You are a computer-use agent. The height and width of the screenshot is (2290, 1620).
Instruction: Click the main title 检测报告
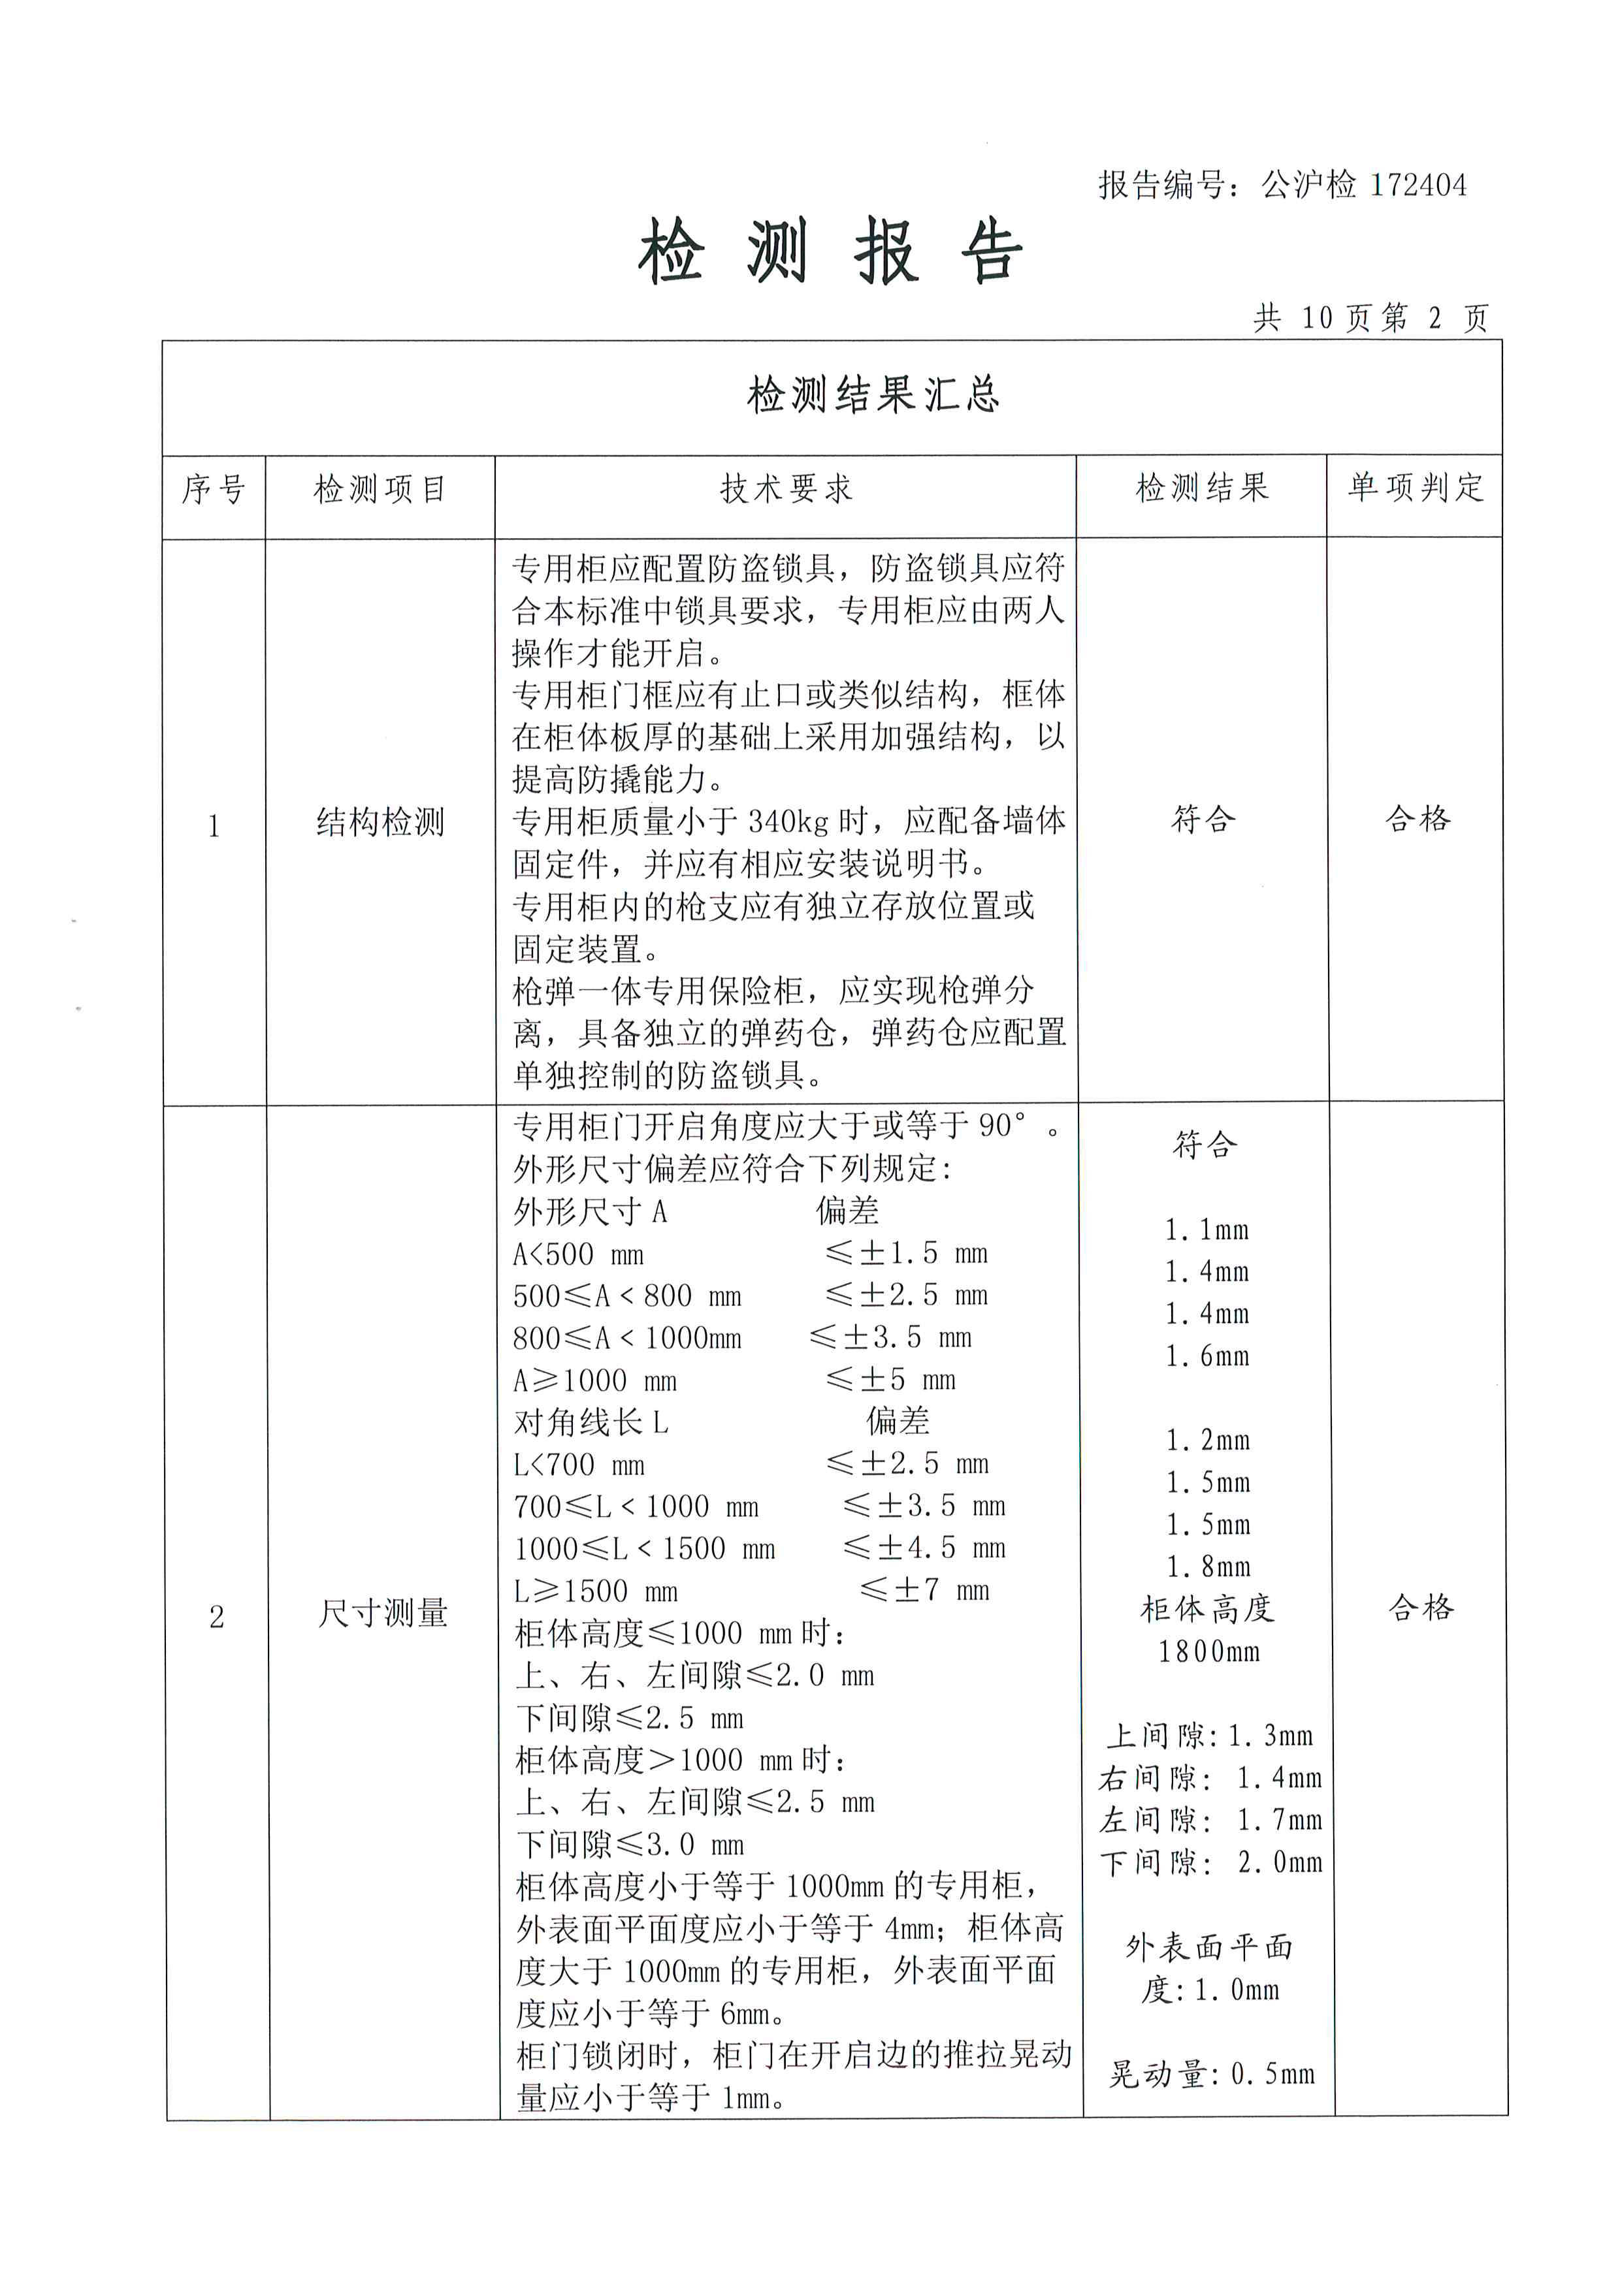point(830,251)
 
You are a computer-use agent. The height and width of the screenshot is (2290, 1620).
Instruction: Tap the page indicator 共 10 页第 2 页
point(1370,318)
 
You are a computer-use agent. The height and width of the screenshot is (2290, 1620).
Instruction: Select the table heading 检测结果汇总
point(873,395)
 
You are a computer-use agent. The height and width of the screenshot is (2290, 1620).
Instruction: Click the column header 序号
point(214,490)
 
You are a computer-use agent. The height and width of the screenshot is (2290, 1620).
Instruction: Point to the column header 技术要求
point(786,488)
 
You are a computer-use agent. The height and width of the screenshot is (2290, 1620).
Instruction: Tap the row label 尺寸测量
point(382,1613)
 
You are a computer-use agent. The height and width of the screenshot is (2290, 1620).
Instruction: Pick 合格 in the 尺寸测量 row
point(1421,1607)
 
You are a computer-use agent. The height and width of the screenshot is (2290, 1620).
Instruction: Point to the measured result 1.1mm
point(1207,1230)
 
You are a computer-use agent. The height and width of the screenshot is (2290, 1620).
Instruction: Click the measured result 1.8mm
point(1208,1567)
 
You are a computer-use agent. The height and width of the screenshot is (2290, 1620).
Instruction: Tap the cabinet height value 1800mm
point(1208,1651)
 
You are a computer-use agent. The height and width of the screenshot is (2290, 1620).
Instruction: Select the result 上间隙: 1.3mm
point(1209,1736)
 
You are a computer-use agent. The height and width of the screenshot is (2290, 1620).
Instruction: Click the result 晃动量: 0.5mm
point(1211,2075)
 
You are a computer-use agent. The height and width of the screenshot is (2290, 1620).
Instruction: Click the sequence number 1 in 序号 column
point(214,826)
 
